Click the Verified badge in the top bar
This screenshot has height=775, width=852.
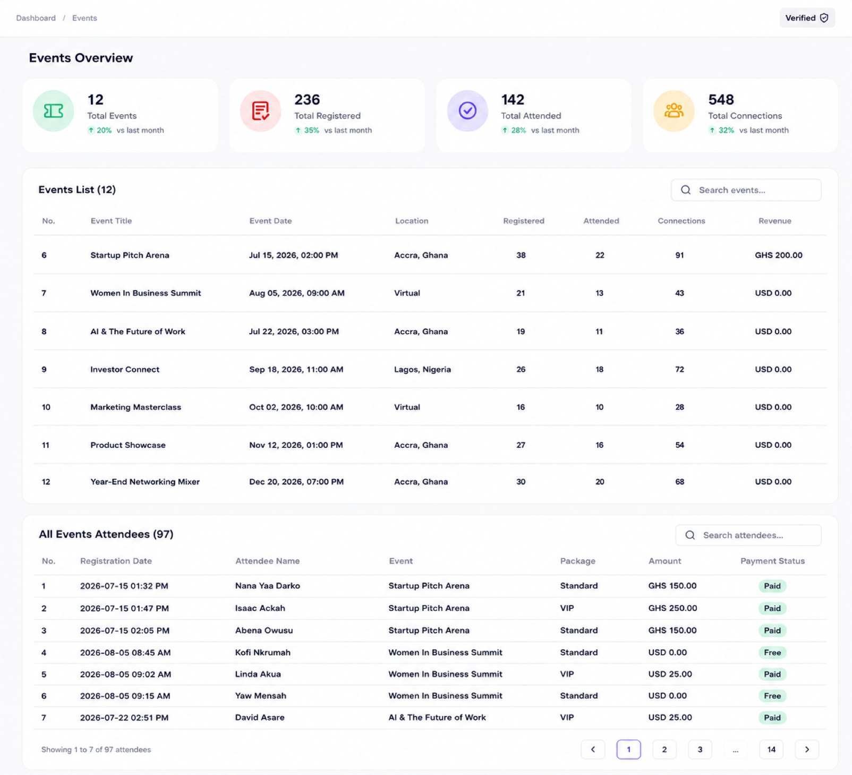[x=807, y=18]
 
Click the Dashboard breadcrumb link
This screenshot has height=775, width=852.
[x=36, y=18]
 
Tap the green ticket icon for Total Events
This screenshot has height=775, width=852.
[x=53, y=110]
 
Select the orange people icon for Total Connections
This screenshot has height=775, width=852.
[x=674, y=110]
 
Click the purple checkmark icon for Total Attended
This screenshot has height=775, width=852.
[x=467, y=110]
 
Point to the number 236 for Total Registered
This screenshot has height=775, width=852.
[x=307, y=99]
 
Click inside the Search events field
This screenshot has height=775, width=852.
[x=746, y=190]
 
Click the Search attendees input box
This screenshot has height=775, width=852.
[x=748, y=535]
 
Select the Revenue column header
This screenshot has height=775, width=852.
[x=774, y=221]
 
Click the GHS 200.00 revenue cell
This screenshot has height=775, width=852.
[x=778, y=255]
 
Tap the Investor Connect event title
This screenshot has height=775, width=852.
[x=125, y=369]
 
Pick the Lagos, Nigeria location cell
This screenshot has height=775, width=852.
[x=422, y=369]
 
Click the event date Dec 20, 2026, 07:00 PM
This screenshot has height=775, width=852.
[x=296, y=482]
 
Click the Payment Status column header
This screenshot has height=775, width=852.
[x=772, y=561]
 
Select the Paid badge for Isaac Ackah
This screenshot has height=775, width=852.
[x=772, y=608]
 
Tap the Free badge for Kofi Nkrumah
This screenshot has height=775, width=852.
[x=772, y=652]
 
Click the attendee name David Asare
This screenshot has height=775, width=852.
[x=260, y=718]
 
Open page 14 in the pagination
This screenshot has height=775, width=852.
[x=771, y=750]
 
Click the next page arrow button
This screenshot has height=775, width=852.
[x=807, y=750]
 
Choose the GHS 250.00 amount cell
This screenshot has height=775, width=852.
[x=672, y=608]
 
